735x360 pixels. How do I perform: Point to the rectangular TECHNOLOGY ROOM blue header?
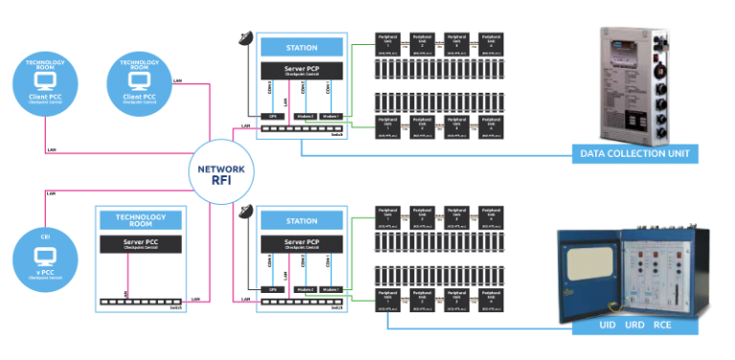(x=142, y=218)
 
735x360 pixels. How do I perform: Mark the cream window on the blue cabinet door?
(x=588, y=272)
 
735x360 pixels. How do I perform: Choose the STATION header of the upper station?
(x=301, y=47)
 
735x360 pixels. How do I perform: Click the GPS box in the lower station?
(x=272, y=288)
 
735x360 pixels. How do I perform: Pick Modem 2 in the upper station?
(x=304, y=115)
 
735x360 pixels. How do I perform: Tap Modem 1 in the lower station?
(x=331, y=288)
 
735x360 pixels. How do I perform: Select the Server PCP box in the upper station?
(x=301, y=72)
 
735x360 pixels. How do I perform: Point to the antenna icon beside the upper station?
(x=246, y=41)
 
